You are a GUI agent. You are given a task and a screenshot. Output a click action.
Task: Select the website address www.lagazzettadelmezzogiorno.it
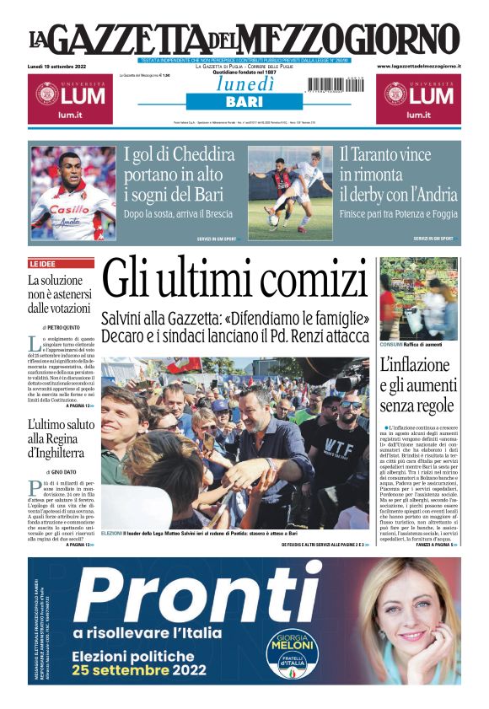(x=418, y=66)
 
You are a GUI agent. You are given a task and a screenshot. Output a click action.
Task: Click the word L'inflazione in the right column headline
(x=418, y=366)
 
